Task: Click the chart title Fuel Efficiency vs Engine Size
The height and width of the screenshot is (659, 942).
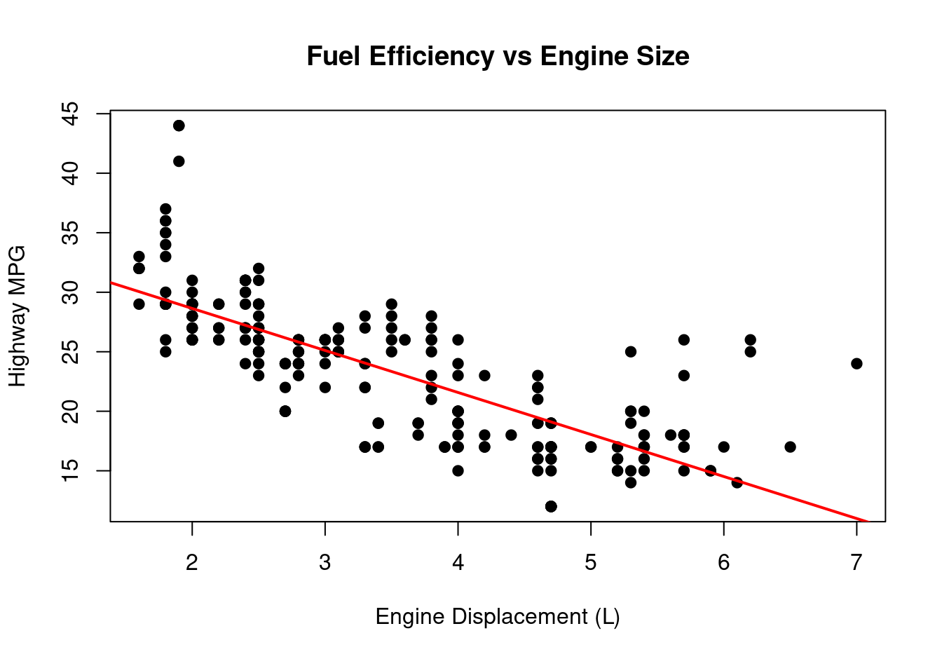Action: point(498,56)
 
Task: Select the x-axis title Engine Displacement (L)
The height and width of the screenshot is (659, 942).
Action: point(498,617)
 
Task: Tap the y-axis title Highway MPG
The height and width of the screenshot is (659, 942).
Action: point(18,315)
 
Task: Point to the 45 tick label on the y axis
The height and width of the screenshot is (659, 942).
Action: point(70,114)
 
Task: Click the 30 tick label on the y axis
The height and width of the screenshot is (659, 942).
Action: point(70,292)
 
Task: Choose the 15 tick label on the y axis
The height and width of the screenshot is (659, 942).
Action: point(70,470)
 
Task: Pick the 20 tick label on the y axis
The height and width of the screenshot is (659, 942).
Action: point(70,411)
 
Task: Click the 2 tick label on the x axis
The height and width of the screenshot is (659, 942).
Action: point(192,563)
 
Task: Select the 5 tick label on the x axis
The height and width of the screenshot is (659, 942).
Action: point(591,563)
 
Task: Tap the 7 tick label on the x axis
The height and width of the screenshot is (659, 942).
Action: point(856,563)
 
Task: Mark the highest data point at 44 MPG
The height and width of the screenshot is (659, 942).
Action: point(179,125)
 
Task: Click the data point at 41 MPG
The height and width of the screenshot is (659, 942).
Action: point(179,161)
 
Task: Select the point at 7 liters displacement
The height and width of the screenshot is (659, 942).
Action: point(856,363)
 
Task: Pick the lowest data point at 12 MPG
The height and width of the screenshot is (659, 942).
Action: point(551,506)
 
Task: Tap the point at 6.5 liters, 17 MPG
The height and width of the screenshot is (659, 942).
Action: point(790,447)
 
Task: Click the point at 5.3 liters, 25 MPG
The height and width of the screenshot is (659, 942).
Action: point(631,351)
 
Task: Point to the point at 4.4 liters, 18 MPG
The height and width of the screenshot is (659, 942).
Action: point(511,435)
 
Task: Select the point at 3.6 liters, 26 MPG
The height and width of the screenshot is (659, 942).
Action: point(404,340)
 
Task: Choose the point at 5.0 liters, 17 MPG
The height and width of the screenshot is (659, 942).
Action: point(591,447)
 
